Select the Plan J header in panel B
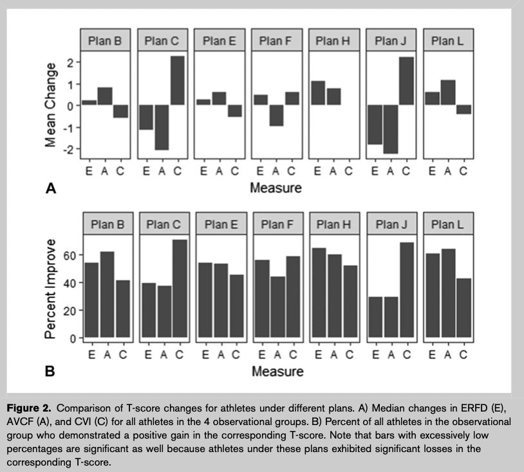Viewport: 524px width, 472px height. (x=391, y=224)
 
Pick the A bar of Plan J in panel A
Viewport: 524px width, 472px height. (x=391, y=129)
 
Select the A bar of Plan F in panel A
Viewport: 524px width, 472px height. (x=276, y=115)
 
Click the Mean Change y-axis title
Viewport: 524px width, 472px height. (x=51, y=105)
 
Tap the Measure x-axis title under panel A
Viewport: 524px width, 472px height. (x=276, y=188)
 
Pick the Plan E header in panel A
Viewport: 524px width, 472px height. (x=219, y=41)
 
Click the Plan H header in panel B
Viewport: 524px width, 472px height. (x=333, y=224)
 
